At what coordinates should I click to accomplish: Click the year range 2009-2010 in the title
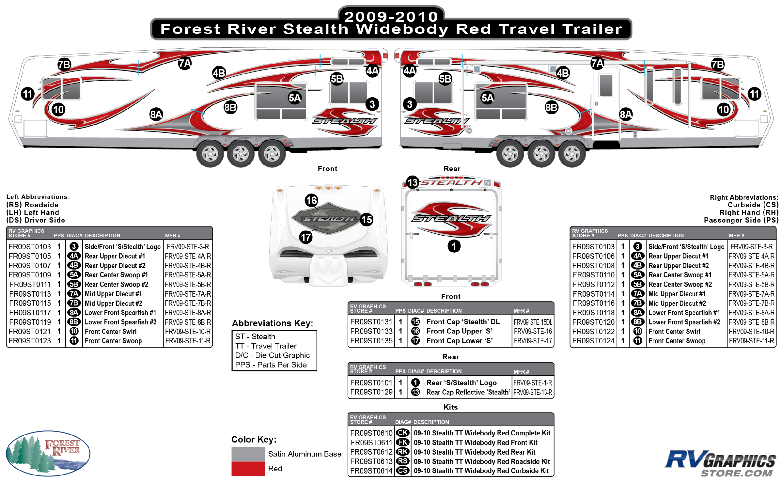click(x=391, y=16)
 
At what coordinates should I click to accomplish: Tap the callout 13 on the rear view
click(x=412, y=182)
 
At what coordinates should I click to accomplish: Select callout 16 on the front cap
click(x=312, y=200)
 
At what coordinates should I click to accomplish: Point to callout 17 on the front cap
click(x=306, y=237)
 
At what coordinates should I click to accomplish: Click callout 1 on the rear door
click(x=454, y=246)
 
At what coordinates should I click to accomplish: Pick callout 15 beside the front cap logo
click(x=366, y=220)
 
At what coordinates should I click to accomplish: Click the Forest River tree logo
click(x=48, y=454)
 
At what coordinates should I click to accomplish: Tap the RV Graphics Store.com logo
click(x=720, y=463)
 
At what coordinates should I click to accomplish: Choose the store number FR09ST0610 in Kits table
click(x=371, y=433)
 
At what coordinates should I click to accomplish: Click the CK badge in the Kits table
click(x=403, y=433)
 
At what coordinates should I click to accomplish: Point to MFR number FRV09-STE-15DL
click(x=532, y=322)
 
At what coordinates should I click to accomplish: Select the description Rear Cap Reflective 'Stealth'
click(x=468, y=392)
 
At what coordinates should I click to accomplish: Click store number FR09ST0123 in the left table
click(x=30, y=341)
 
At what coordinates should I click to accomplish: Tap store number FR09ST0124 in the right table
click(x=593, y=341)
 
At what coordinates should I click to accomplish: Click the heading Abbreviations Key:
click(x=272, y=323)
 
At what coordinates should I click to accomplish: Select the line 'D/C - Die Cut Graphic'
click(x=272, y=355)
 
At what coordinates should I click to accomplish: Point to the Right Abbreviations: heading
click(x=744, y=197)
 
